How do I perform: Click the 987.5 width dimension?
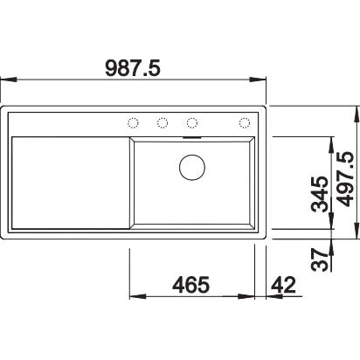(133, 68)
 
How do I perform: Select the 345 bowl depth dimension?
(320, 194)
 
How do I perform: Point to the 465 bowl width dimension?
(191, 285)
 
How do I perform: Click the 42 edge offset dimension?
(283, 285)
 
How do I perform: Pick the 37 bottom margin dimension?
(320, 260)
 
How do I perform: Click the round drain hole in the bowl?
(192, 168)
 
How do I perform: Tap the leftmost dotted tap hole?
(133, 123)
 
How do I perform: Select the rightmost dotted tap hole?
(245, 123)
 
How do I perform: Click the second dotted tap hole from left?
(163, 123)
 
